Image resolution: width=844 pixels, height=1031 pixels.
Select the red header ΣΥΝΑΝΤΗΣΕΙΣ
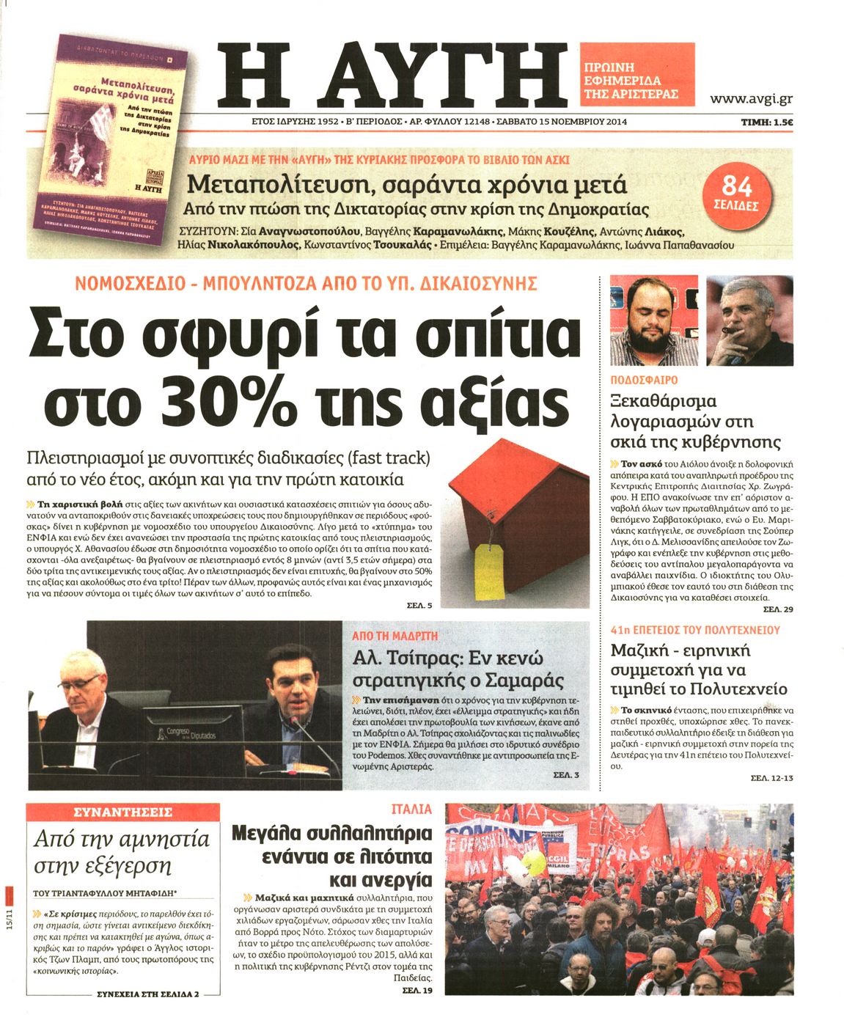tap(123, 812)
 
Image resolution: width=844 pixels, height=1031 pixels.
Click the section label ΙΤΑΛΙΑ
tap(412, 810)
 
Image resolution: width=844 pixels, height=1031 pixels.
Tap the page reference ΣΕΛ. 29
tap(777, 609)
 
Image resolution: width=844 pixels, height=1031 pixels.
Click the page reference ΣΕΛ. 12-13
tap(771, 777)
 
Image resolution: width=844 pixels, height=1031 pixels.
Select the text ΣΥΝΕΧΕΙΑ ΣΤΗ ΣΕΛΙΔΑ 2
tap(147, 994)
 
